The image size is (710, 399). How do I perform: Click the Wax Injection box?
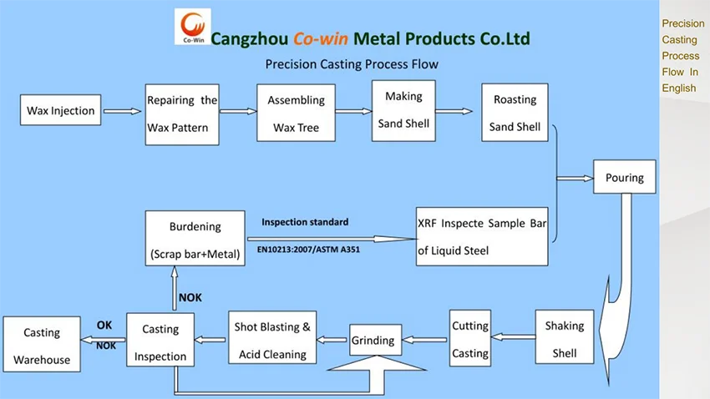coord(61,110)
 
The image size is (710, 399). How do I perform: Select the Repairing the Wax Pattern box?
coord(182,114)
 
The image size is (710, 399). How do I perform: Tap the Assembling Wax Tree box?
coord(296,114)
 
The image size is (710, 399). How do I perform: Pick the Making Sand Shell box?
coord(403,110)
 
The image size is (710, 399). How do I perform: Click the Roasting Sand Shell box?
coord(515,113)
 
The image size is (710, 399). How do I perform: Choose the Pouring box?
coord(624,177)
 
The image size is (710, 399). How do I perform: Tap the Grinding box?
coord(373,340)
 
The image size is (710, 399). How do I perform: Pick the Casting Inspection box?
coord(160,342)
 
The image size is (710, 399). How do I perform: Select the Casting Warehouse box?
coord(42,344)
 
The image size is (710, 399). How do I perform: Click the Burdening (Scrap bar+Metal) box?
coord(195,240)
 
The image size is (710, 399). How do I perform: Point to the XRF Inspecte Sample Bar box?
coord(483,237)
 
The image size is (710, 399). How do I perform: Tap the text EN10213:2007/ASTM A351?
coord(308,247)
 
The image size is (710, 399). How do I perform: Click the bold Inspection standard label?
coord(305,222)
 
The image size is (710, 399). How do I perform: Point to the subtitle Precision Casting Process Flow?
coord(352,64)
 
